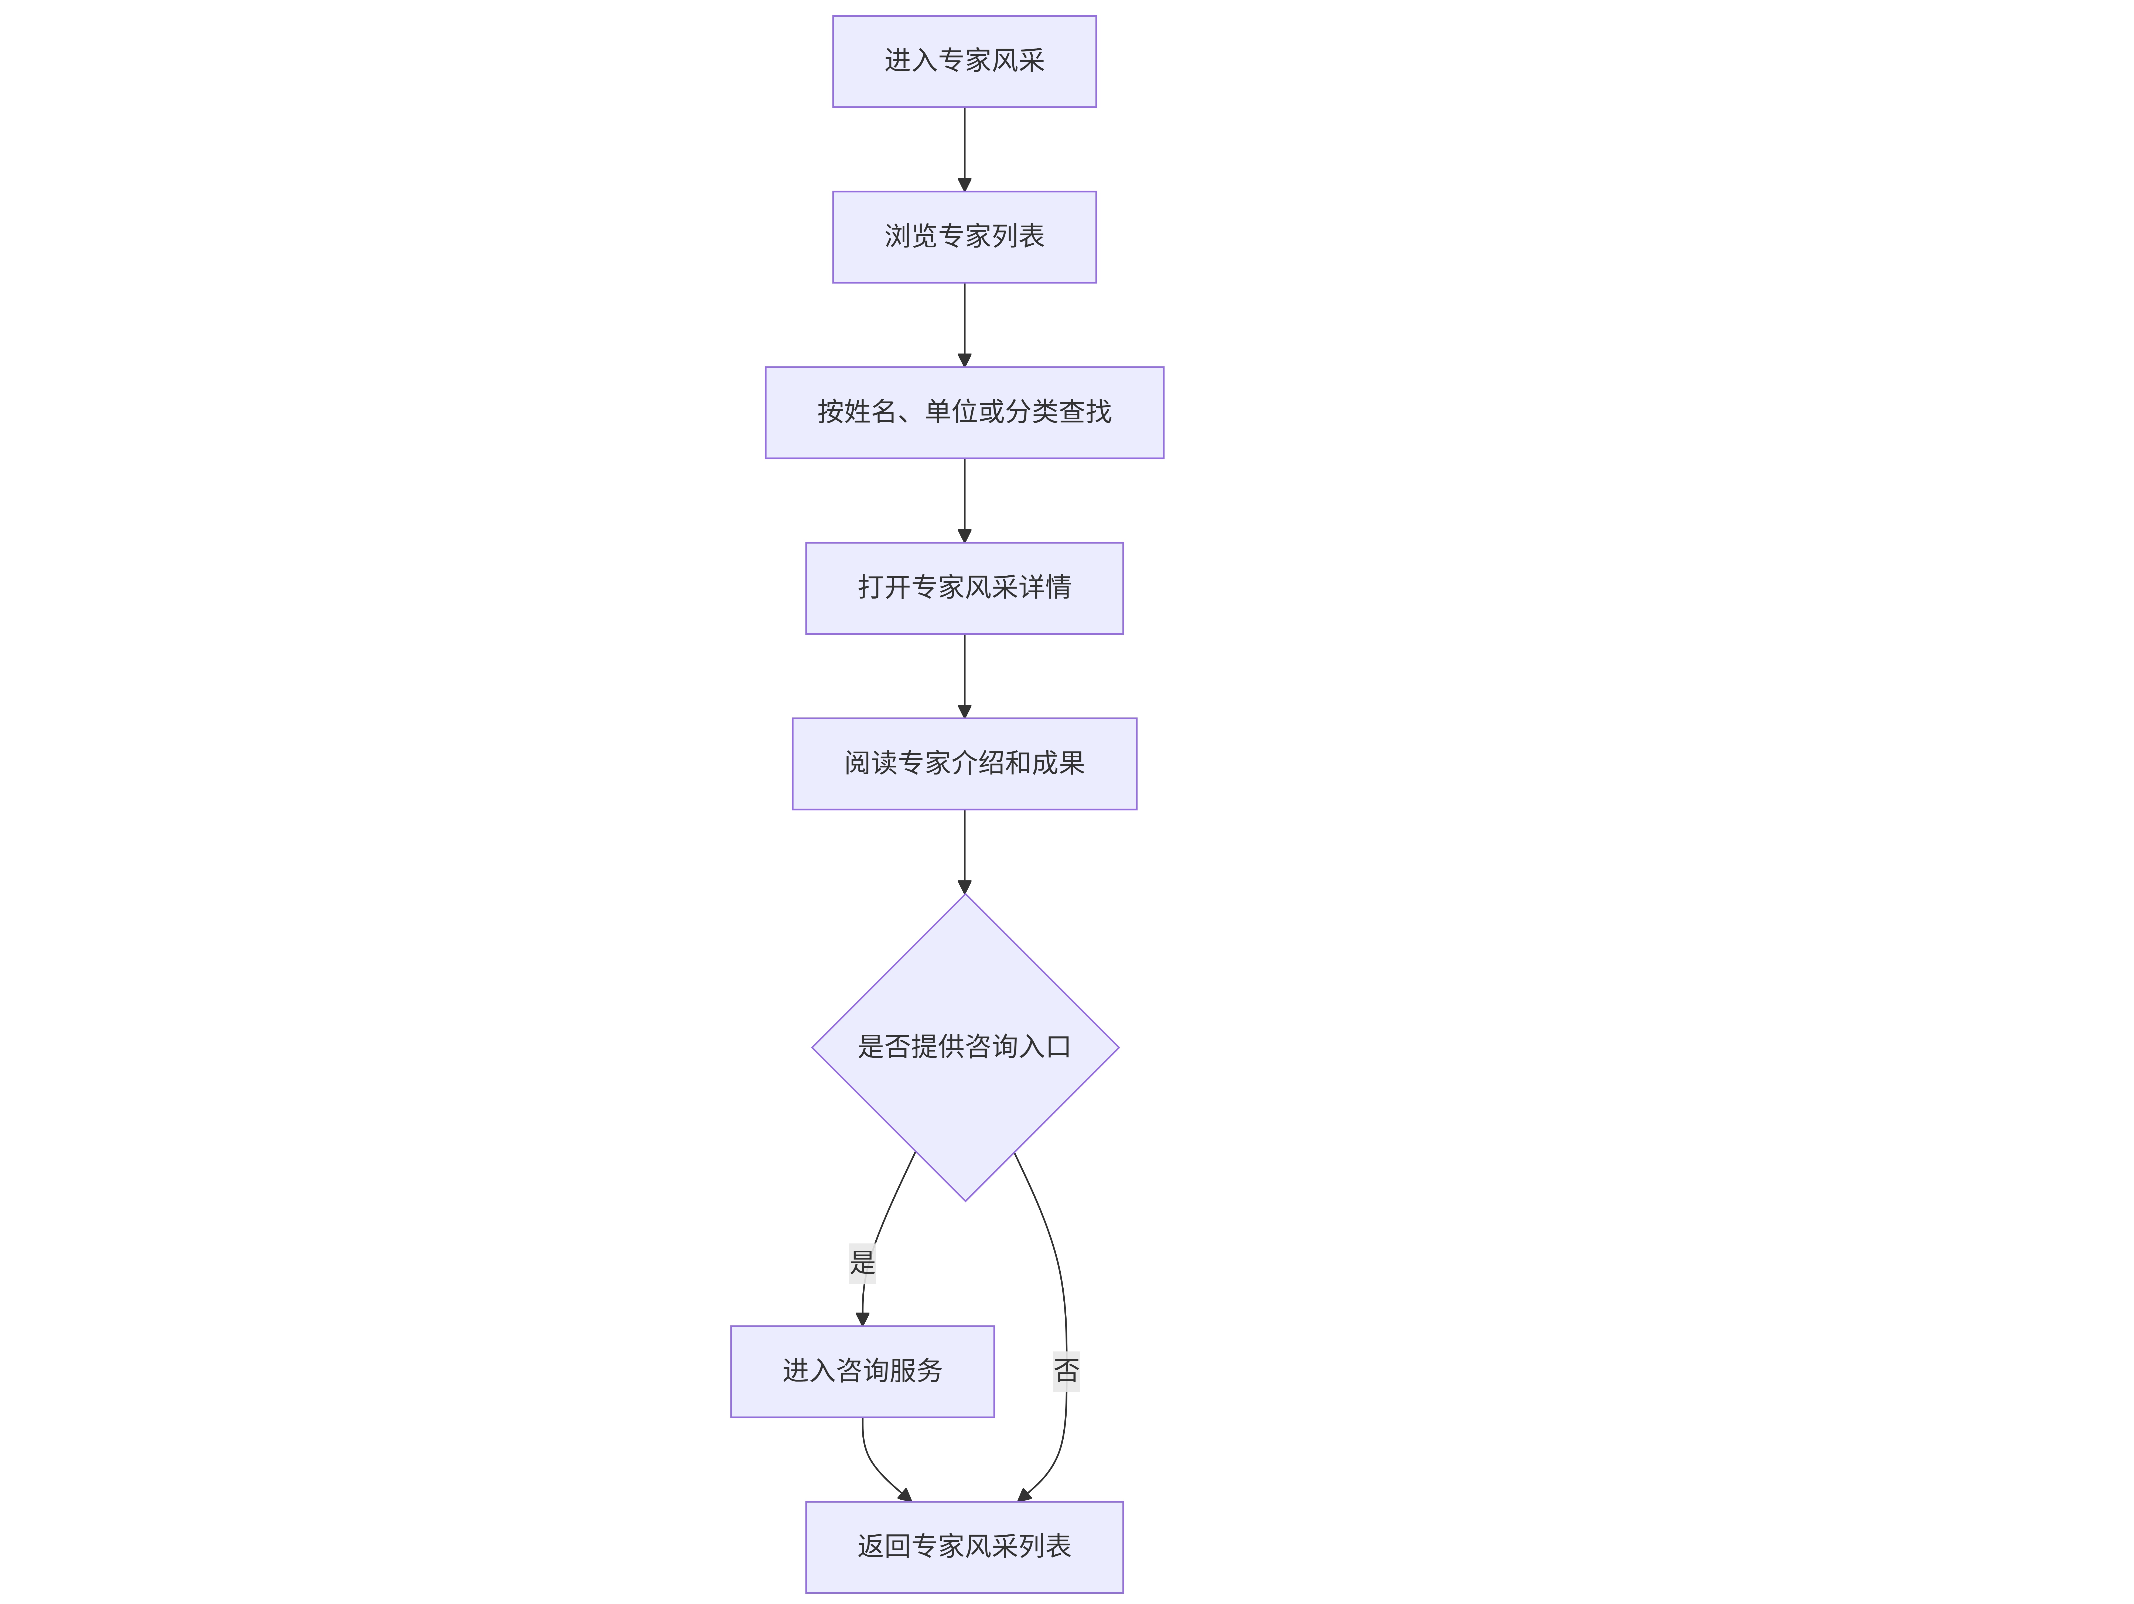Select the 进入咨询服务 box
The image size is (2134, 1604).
(x=862, y=1371)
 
